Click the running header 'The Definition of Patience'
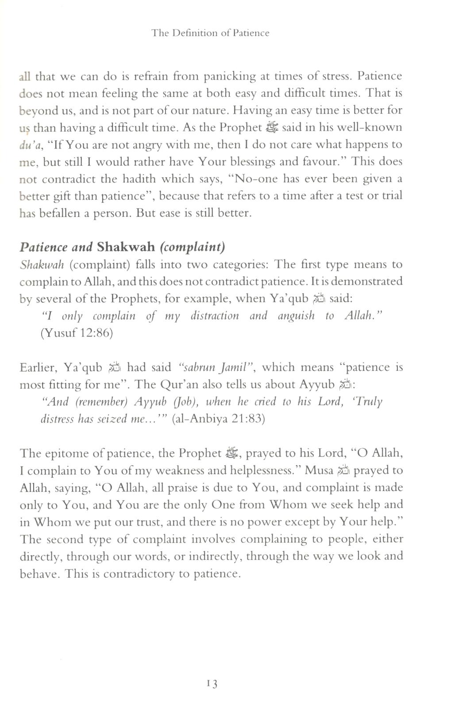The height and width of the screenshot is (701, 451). point(210,33)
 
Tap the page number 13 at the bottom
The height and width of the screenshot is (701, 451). point(212,684)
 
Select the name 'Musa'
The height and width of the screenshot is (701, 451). point(319,470)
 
